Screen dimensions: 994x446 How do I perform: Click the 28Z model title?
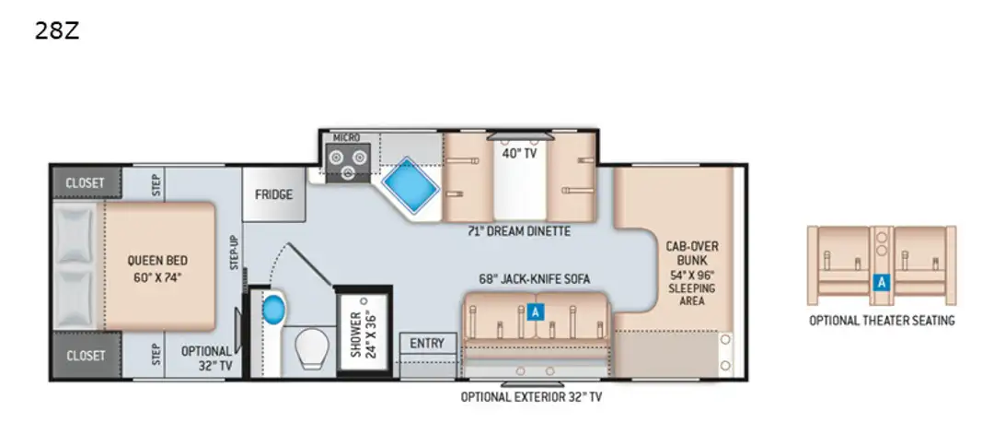57,30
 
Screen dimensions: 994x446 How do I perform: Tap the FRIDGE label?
274,194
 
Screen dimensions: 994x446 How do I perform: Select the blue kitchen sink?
410,184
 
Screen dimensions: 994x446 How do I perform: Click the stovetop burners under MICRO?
348,162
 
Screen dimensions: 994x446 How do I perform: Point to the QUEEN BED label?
157,260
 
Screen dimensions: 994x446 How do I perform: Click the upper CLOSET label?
85,182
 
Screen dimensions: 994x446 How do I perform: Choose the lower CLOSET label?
85,356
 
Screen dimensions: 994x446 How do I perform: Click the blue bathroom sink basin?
274,310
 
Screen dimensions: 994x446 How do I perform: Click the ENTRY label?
427,343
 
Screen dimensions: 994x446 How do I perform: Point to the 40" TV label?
519,153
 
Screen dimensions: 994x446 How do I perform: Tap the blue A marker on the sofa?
536,311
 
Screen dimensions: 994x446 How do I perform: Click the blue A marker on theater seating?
881,283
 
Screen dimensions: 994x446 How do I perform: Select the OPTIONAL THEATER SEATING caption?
882,321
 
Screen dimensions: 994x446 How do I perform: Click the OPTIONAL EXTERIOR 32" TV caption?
531,398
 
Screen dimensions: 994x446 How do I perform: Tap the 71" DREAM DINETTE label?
519,231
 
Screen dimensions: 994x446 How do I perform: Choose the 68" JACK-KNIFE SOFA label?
535,279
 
